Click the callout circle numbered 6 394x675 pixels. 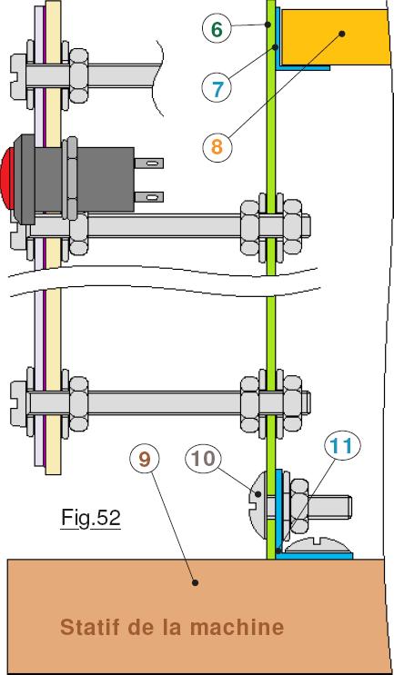[217, 29]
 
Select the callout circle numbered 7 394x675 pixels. [217, 88]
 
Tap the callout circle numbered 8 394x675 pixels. [217, 147]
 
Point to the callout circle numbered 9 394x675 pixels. [145, 459]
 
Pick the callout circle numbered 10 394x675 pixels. [203, 459]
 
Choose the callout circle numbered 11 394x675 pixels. [342, 446]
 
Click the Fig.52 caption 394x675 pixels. [90, 518]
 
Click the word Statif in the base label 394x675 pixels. [91, 627]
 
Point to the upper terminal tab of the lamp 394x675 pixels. [149, 164]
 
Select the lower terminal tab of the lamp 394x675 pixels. [149, 197]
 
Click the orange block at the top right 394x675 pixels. [333, 36]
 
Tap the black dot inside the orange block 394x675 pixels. [342, 33]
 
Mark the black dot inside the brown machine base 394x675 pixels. [196, 582]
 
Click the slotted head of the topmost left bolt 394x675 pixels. [18, 75]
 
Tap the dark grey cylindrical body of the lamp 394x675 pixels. [84, 179]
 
